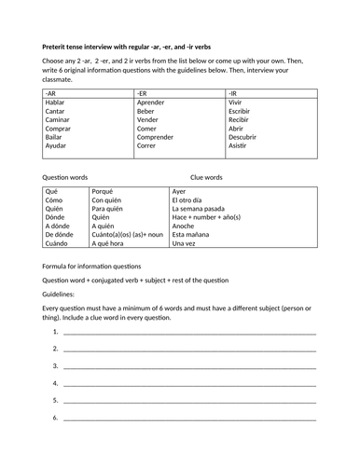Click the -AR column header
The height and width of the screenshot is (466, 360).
(49, 94)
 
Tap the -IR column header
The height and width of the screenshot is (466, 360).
(233, 94)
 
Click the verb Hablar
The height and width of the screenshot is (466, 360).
(56, 103)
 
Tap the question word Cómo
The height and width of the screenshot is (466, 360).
(55, 199)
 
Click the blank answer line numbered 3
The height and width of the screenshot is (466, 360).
(189, 366)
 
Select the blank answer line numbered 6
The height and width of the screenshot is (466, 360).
(189, 418)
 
